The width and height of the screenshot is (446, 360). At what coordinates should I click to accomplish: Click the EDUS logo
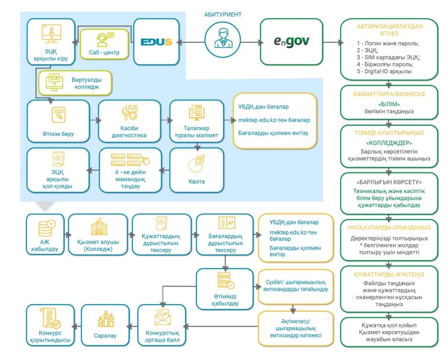pos(156,42)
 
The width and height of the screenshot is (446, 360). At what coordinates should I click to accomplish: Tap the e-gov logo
pos(291,42)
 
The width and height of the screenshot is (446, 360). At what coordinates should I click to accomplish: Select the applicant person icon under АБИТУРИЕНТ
pos(223,39)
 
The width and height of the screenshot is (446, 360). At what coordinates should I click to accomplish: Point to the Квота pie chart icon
pos(196,163)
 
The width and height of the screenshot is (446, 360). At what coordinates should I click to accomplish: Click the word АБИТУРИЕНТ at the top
pos(223,14)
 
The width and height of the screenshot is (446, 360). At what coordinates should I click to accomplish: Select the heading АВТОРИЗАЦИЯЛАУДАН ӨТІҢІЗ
pos(389,30)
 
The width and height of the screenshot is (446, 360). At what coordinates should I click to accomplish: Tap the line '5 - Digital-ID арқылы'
pos(384,71)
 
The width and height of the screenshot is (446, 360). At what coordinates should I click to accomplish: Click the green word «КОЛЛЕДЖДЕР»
pos(389,143)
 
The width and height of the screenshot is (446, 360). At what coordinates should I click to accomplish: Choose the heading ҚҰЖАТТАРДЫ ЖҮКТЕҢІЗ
pos(389,275)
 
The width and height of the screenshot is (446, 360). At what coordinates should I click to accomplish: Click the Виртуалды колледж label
pos(87,83)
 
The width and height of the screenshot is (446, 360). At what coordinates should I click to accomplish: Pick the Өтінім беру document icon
pos(59,115)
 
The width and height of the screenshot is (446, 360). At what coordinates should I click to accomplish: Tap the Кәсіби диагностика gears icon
pos(129,113)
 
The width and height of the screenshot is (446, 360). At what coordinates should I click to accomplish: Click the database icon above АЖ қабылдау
pos(47,228)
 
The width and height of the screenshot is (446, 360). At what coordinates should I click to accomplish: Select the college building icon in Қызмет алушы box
pos(99,227)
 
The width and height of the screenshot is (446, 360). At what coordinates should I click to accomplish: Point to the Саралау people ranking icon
pos(105,319)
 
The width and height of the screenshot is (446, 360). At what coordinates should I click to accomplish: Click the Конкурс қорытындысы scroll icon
pos(51,318)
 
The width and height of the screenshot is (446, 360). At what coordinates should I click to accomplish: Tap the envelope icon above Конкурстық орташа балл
pos(162,317)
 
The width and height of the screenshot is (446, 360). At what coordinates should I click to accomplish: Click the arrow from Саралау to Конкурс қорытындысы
pos(77,326)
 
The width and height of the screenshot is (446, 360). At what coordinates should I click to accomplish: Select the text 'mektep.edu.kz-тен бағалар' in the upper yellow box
pos(274,120)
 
